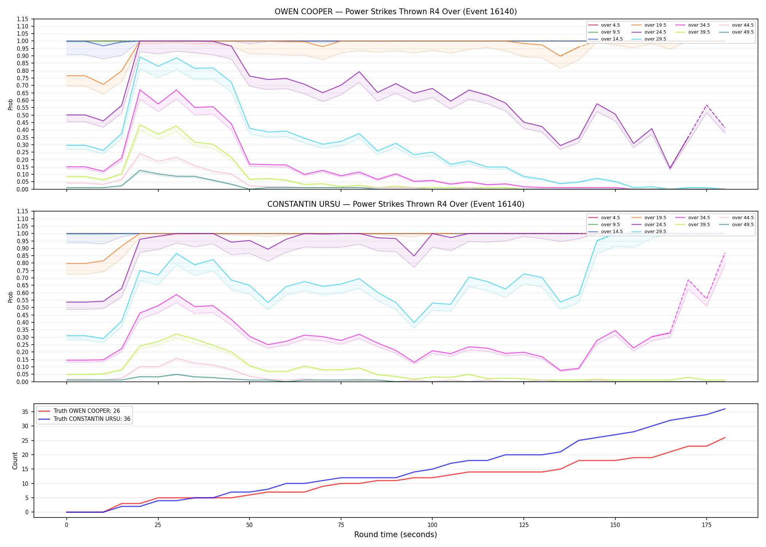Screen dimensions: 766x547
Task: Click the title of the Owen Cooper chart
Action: [396, 12]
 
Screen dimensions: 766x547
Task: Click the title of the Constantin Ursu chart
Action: [396, 204]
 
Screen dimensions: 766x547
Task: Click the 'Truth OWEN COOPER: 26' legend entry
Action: [79, 411]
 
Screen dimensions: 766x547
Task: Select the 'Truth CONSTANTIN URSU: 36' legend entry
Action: [84, 419]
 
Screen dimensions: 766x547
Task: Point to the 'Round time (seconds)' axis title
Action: [396, 535]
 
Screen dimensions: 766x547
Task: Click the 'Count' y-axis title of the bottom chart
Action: [15, 461]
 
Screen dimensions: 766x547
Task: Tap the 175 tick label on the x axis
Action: [707, 525]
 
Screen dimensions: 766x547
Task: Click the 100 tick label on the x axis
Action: [432, 525]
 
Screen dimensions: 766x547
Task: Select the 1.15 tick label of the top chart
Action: [23, 19]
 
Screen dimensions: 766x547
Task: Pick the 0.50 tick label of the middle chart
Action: [23, 307]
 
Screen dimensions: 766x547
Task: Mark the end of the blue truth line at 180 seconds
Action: [725, 409]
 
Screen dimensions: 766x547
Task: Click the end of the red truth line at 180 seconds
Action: [725, 438]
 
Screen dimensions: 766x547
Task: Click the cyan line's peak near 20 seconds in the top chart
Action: [140, 57]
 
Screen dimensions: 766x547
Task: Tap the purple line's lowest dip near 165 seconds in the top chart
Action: [670, 168]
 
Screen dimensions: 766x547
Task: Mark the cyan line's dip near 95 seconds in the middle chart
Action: [414, 323]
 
